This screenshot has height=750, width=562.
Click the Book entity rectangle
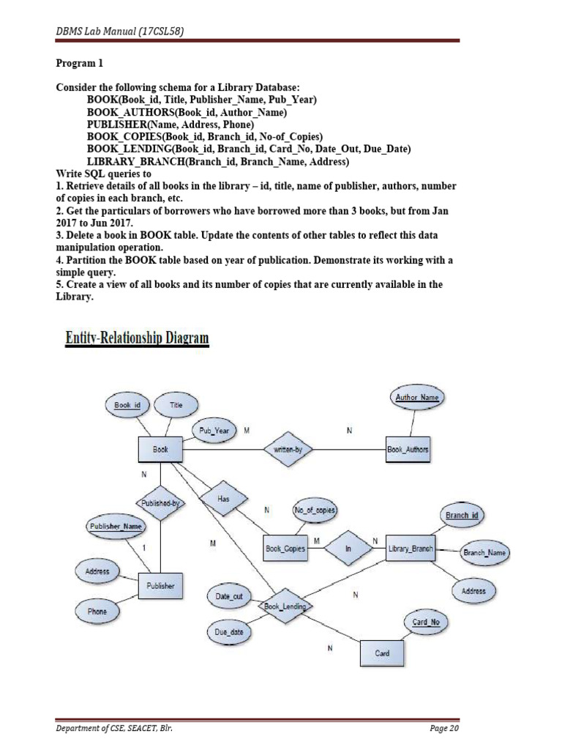tap(160, 450)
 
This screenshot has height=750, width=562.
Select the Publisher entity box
tap(160, 586)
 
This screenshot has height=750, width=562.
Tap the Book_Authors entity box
tap(408, 450)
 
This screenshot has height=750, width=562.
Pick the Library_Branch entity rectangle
tap(410, 548)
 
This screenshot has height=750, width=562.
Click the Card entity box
tap(382, 653)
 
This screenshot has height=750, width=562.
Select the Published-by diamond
tap(159, 503)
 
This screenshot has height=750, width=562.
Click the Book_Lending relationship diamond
tap(284, 606)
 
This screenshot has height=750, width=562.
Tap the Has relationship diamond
tap(224, 498)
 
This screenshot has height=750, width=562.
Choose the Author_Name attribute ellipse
tap(416, 398)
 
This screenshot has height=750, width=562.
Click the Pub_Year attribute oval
tap(214, 431)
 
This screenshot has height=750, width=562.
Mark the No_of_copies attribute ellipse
tap(315, 509)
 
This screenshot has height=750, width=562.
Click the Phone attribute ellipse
tap(97, 611)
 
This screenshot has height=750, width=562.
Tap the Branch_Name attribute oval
tap(484, 553)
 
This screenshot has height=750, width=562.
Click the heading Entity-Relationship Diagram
tap(138, 338)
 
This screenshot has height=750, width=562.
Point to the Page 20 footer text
tap(443, 728)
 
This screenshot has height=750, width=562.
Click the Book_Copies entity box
tap(285, 548)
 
